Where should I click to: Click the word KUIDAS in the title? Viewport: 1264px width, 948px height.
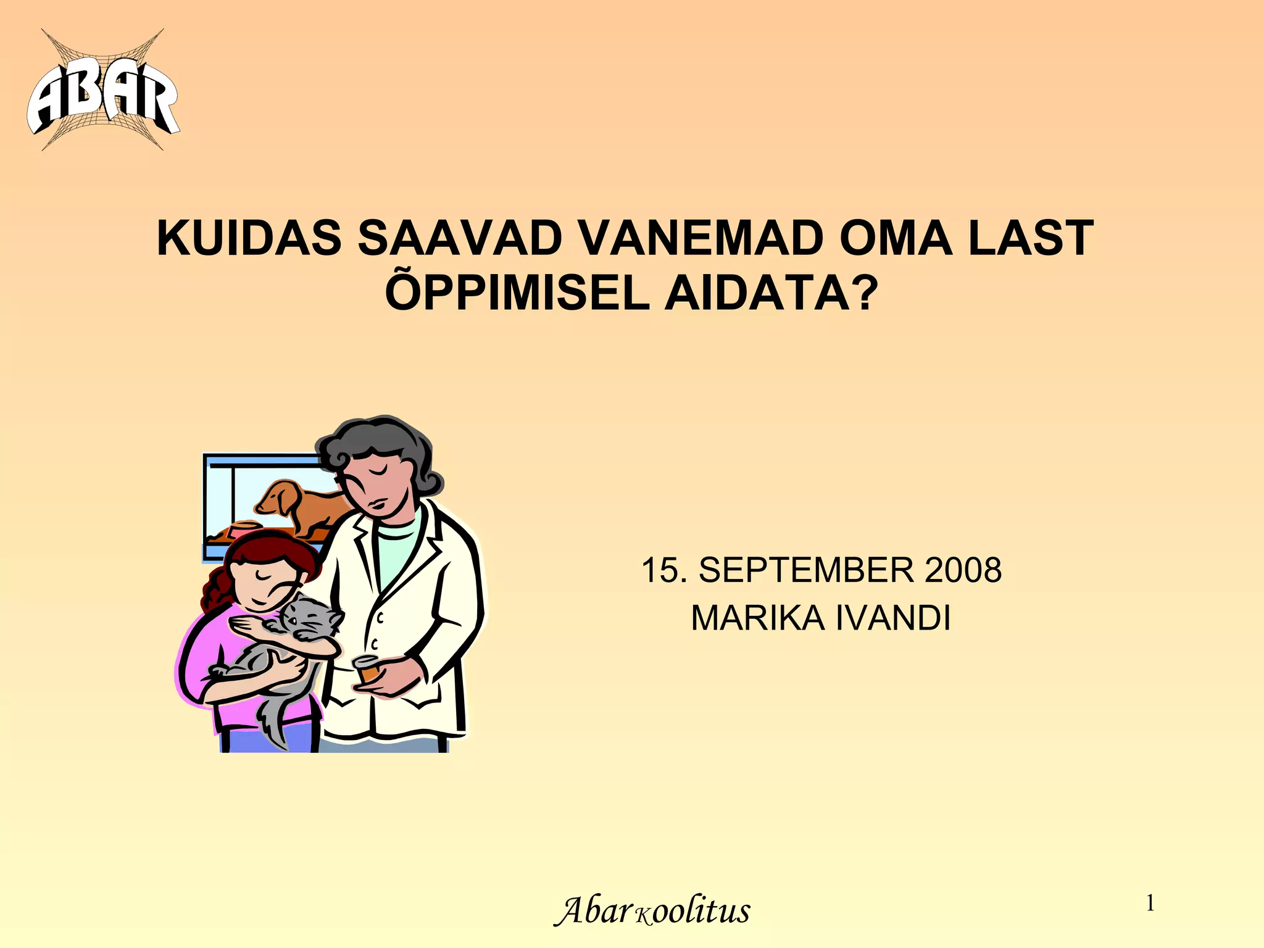pyautogui.click(x=249, y=238)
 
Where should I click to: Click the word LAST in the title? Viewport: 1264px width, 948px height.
pyautogui.click(x=1030, y=238)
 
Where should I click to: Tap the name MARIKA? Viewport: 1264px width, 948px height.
pyautogui.click(x=757, y=618)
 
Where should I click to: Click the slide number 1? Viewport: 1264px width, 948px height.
pyautogui.click(x=1150, y=904)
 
